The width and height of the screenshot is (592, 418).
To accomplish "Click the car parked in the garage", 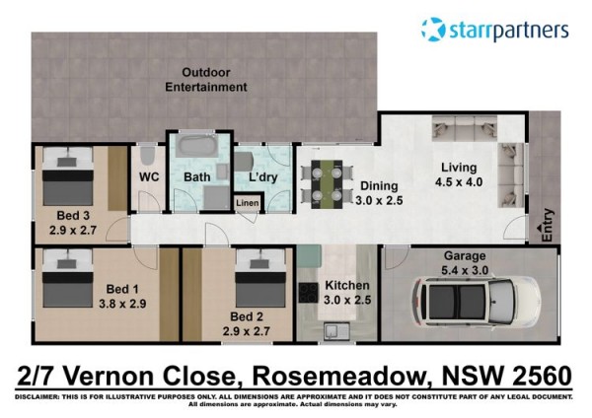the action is pyautogui.click(x=476, y=301).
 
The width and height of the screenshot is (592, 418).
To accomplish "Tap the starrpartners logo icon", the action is pyautogui.click(x=433, y=29).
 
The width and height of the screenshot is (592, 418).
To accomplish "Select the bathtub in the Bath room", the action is pyautogui.click(x=197, y=145).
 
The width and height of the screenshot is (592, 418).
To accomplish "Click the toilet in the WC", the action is pyautogui.click(x=147, y=155).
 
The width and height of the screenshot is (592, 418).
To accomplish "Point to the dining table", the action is pyautogui.click(x=327, y=184).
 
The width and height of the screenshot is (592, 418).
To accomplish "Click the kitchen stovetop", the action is pyautogui.click(x=309, y=293).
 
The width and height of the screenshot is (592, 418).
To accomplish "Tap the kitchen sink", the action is pyautogui.click(x=336, y=331).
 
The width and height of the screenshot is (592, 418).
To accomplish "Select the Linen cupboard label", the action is pyautogui.click(x=248, y=203).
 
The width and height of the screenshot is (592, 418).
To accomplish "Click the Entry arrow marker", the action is pyautogui.click(x=539, y=228).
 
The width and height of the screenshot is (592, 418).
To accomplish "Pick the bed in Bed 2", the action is pyautogui.click(x=260, y=278).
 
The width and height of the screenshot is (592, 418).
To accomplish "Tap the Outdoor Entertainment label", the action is pyautogui.click(x=206, y=80).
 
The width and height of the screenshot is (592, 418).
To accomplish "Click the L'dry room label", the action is pyautogui.click(x=263, y=176).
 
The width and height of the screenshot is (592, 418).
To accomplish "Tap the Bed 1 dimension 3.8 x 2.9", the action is pyautogui.click(x=122, y=304).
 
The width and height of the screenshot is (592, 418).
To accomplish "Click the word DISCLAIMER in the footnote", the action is pyautogui.click(x=37, y=397).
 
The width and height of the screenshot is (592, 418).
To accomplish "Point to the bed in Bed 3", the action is pyautogui.click(x=68, y=176).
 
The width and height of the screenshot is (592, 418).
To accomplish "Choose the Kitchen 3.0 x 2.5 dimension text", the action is pyautogui.click(x=347, y=300).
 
